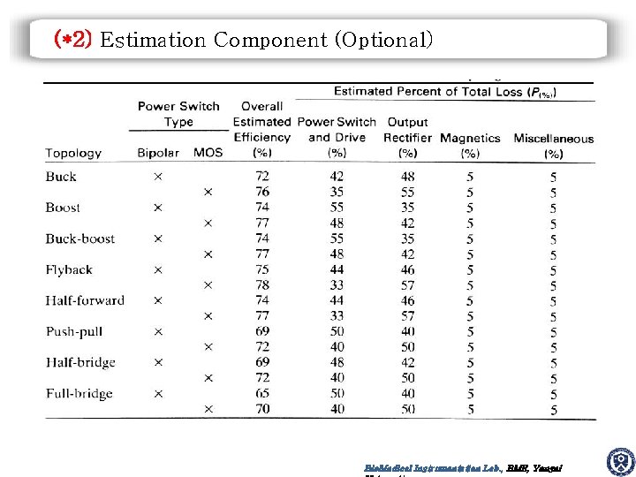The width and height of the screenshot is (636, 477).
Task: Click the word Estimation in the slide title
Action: pyautogui.click(x=153, y=40)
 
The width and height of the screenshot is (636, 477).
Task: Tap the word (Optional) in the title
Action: pyautogui.click(x=388, y=40)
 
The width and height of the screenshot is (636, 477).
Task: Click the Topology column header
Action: pyautogui.click(x=73, y=153)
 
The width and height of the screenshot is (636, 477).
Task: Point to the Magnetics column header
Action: pyautogui.click(x=470, y=138)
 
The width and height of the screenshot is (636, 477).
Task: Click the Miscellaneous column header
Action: pyautogui.click(x=553, y=138)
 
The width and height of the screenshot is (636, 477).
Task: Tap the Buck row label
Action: pyautogui.click(x=61, y=177)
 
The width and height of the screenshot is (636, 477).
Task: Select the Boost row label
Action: pyautogui.click(x=63, y=208)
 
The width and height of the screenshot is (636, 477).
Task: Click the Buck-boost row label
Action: pyautogui.click(x=79, y=238)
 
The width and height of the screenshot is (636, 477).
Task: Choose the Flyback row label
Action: pyautogui.click(x=69, y=269)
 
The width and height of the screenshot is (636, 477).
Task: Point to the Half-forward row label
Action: pyautogui.click(x=85, y=300)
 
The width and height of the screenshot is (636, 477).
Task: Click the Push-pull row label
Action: pyautogui.click(x=75, y=331)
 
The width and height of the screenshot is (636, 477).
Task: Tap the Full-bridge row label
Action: pyautogui.click(x=79, y=393)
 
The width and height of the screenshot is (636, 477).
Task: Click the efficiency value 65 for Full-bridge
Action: pyautogui.click(x=261, y=393)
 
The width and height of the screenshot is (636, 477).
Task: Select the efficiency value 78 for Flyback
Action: pyautogui.click(x=261, y=285)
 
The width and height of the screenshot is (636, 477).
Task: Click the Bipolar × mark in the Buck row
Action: pyautogui.click(x=157, y=177)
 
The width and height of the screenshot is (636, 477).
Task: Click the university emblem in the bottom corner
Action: pyautogui.click(x=620, y=462)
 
